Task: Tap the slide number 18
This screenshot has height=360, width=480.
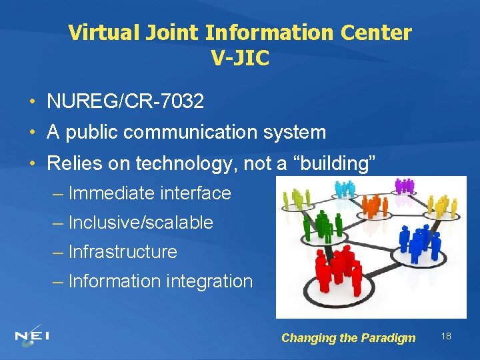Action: click(x=446, y=336)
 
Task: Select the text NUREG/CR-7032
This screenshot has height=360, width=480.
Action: click(x=125, y=102)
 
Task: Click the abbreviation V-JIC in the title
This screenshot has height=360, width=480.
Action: click(x=240, y=59)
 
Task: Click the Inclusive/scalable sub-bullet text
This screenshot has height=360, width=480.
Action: click(x=141, y=223)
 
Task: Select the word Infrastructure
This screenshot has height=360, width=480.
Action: click(x=123, y=252)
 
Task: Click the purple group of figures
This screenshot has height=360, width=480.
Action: click(x=404, y=186)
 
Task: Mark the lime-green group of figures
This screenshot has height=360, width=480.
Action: click(x=297, y=198)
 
